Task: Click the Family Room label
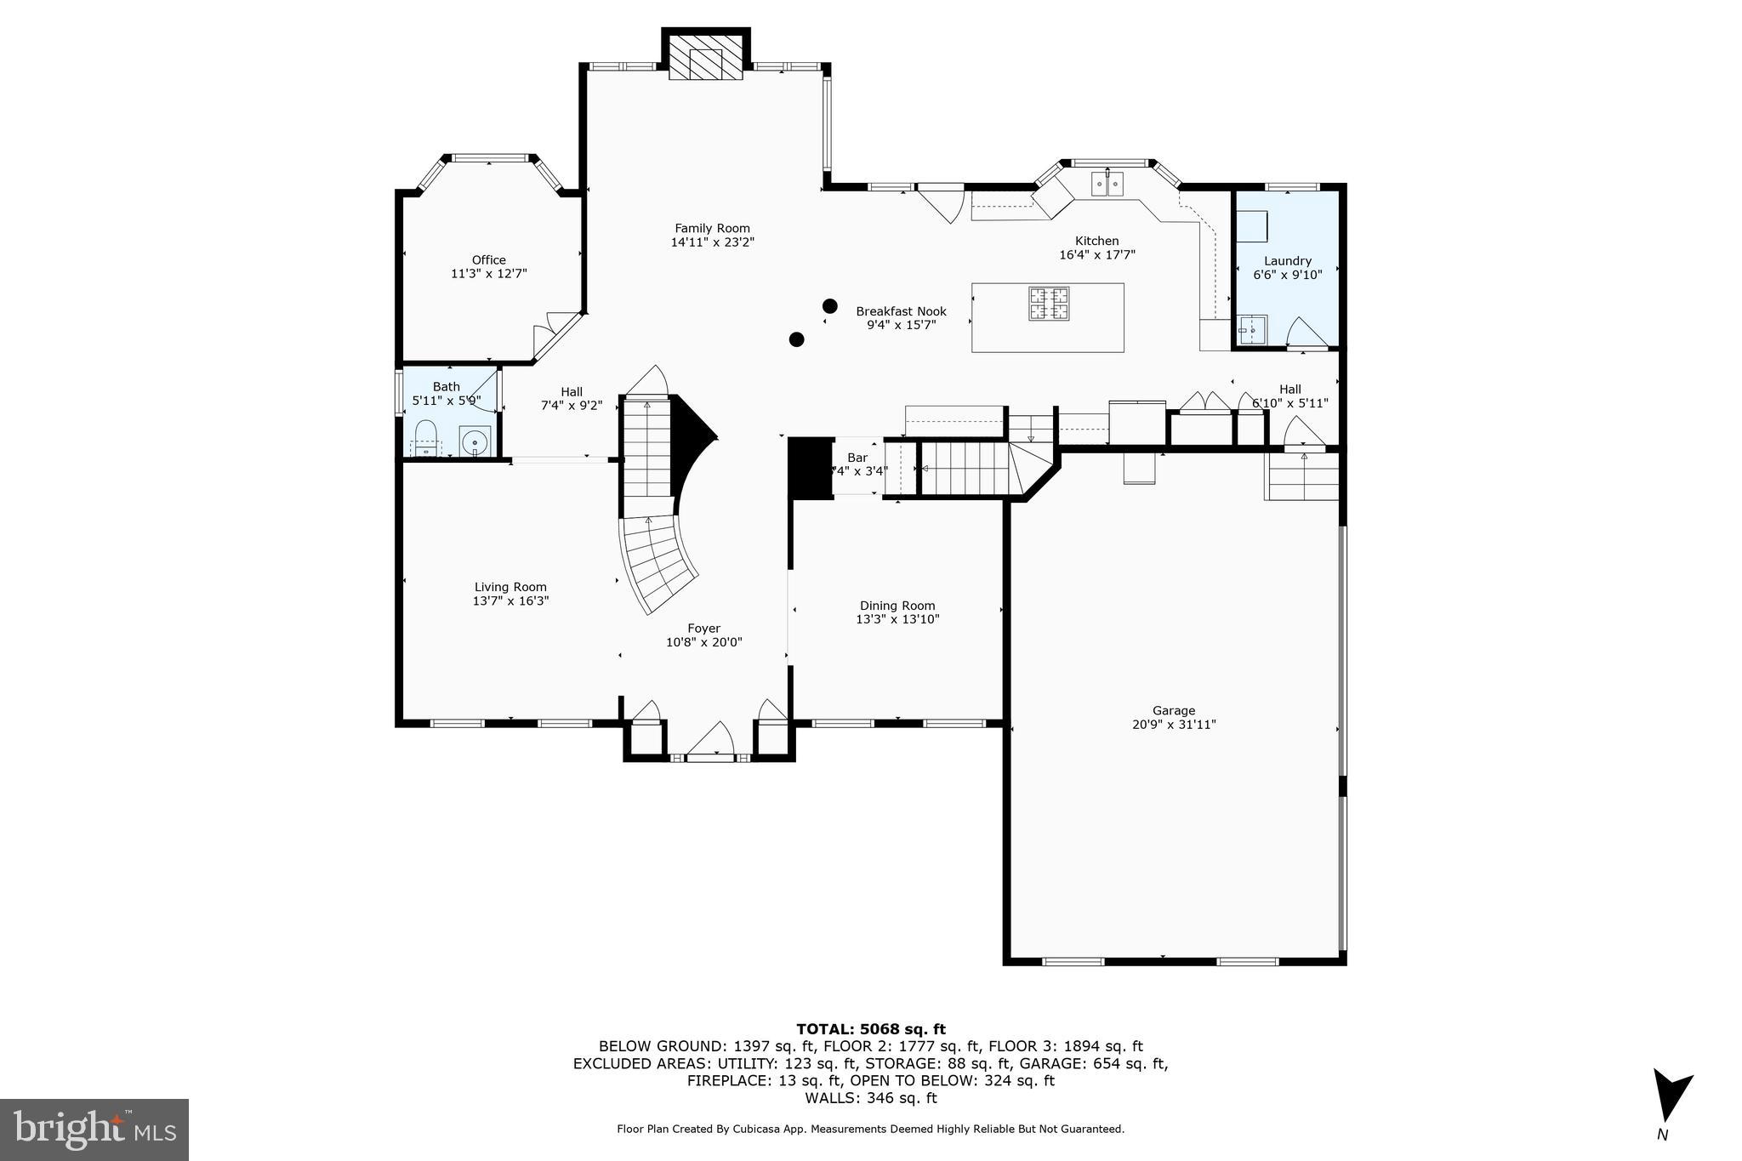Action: (x=712, y=228)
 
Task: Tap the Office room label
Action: (x=488, y=260)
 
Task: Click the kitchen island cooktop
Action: (x=1049, y=304)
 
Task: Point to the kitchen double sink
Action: (x=1107, y=184)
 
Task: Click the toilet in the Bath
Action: (x=425, y=436)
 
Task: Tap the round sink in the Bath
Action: (x=475, y=442)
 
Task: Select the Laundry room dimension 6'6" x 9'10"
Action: (x=1287, y=275)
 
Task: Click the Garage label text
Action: (x=1173, y=710)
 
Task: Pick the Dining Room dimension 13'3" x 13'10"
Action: (x=897, y=619)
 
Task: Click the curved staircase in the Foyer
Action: (x=659, y=561)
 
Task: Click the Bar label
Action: (x=857, y=458)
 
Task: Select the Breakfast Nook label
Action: (x=900, y=311)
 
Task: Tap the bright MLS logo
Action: (x=94, y=1130)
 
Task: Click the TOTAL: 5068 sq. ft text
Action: (x=870, y=1029)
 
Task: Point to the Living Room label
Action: (x=510, y=587)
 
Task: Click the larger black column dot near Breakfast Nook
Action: (x=829, y=305)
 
